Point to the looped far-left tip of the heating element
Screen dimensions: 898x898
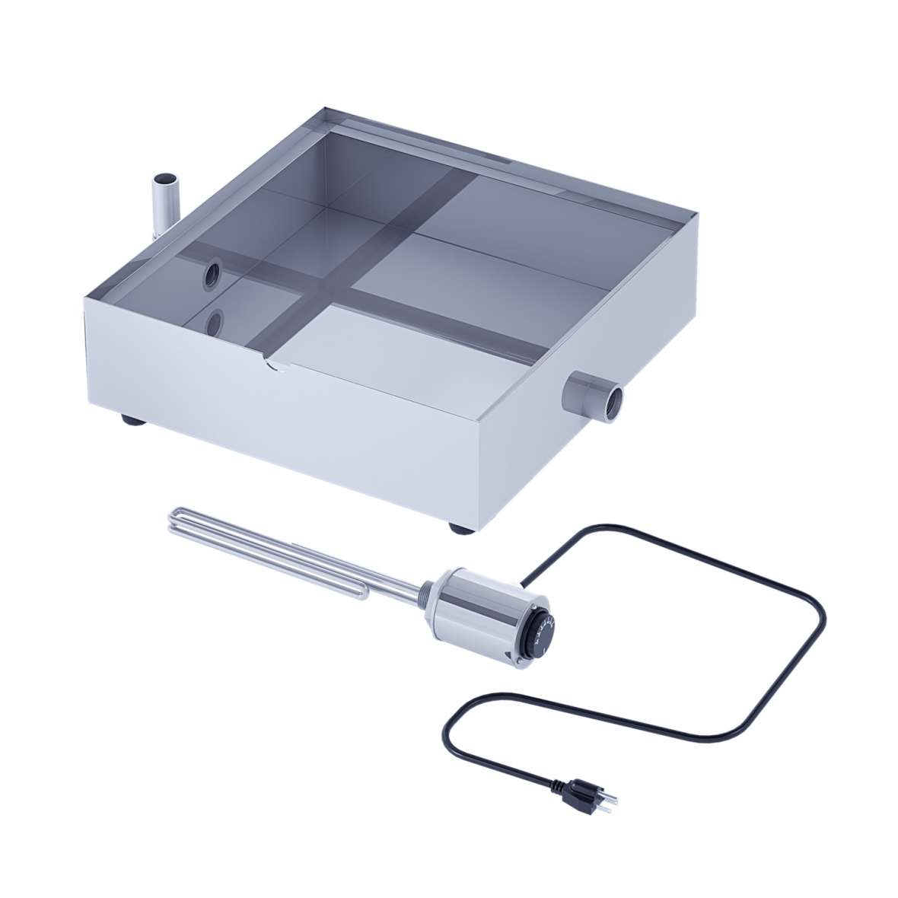[x=173, y=521]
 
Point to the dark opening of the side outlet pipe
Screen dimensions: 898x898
[x=611, y=397]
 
